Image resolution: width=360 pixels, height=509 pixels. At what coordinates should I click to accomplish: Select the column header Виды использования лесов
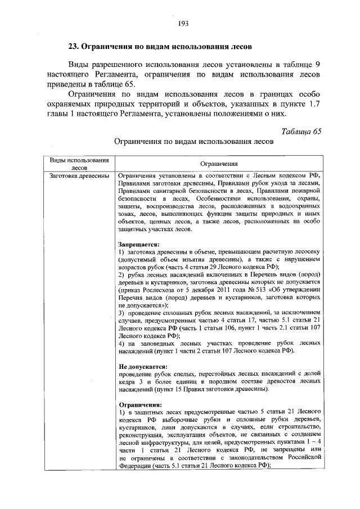coord(79,164)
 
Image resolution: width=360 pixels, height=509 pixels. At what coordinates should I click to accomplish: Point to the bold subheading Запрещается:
coord(139,245)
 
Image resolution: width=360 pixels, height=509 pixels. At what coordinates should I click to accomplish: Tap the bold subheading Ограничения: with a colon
coord(141,404)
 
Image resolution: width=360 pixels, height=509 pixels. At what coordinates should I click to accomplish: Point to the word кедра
coord(128,381)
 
